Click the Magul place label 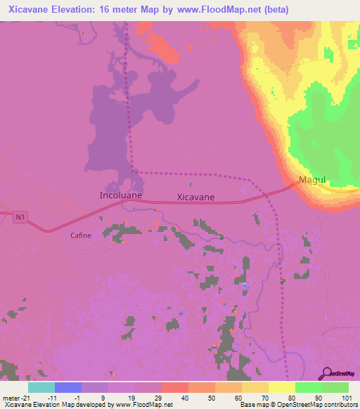tap(313, 180)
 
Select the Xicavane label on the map tap(195, 197)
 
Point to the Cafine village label tap(80, 235)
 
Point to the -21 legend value tap(23, 397)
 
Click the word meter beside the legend tap(9, 397)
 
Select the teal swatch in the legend tap(41, 387)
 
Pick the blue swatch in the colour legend tap(67, 387)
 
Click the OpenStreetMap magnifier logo tap(327, 373)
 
